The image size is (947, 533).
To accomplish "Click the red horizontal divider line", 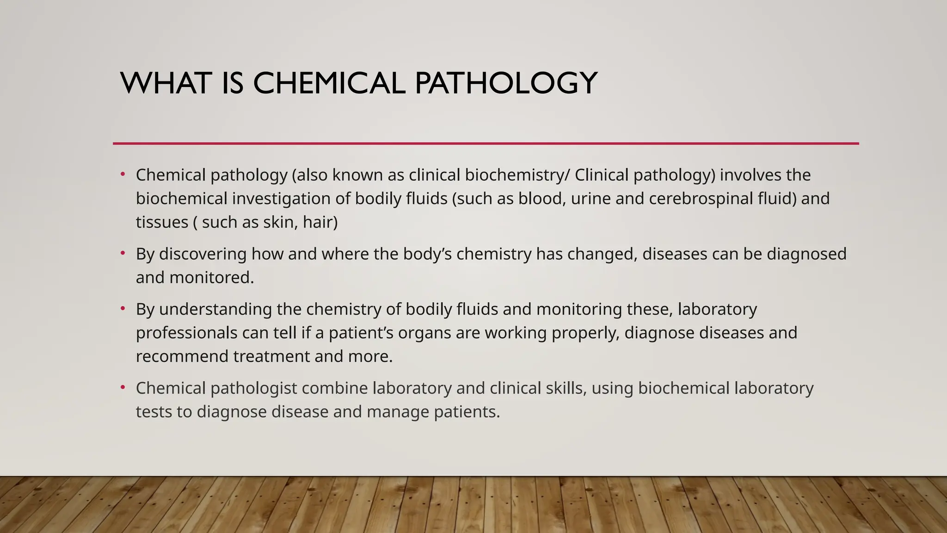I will point(486,143).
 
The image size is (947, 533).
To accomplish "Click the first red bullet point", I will point(123,174).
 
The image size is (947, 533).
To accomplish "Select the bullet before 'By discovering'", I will point(123,253).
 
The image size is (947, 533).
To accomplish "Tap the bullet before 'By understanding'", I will point(123,308).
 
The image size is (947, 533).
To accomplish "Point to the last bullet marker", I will point(123,387).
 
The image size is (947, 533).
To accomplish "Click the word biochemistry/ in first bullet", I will point(517,175).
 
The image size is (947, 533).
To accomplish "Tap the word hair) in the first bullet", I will point(320,222).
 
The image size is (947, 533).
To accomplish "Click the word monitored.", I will point(212,278).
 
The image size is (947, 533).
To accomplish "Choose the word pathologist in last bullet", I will point(253,388).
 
